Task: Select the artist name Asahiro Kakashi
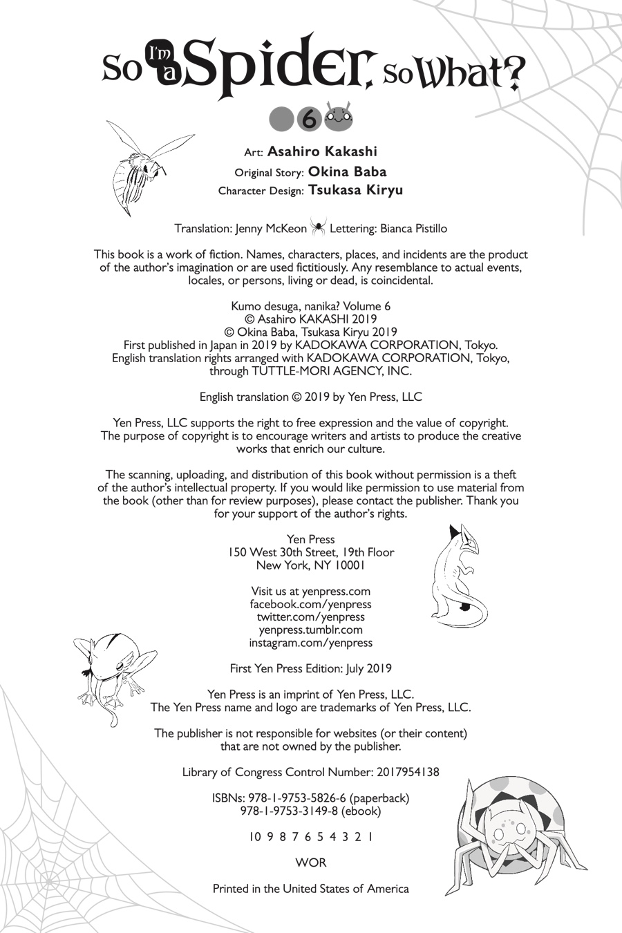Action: coord(322,151)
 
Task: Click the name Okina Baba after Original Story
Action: coord(347,171)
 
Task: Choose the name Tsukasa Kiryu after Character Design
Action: coord(355,190)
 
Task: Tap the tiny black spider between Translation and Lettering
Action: coord(318,227)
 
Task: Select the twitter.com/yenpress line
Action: coord(310,616)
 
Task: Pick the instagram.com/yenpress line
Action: coord(310,643)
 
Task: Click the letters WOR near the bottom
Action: coord(310,863)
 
